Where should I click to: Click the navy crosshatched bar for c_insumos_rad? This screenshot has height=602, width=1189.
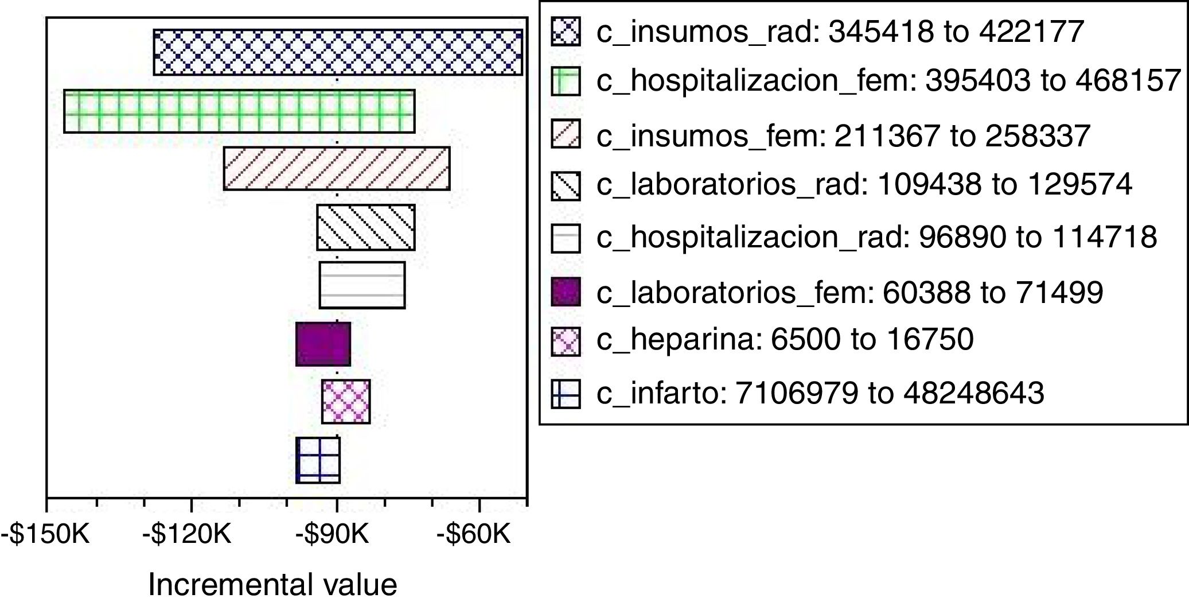point(338,52)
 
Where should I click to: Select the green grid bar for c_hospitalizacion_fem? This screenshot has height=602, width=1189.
point(239,111)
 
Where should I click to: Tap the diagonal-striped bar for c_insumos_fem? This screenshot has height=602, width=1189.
point(337,169)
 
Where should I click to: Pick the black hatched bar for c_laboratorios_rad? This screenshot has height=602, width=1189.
point(366,227)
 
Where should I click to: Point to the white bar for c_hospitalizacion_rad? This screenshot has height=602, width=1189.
point(362,285)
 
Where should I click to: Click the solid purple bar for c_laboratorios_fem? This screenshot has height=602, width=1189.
point(323,344)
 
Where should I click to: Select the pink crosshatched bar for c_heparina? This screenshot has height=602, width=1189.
point(346,402)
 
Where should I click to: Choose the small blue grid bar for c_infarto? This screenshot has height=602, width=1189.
point(318,460)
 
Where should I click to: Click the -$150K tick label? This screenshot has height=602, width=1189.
point(45,535)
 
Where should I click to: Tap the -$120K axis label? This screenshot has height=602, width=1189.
point(187,535)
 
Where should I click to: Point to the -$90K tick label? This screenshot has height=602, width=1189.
point(332,535)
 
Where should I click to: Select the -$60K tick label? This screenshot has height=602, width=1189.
point(474,535)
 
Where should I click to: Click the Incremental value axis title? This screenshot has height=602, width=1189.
point(272,585)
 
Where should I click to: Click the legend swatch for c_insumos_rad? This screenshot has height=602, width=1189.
point(566,32)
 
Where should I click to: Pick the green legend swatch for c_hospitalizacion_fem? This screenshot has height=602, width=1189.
point(566,81)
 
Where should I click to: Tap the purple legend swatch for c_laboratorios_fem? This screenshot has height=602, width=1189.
point(566,292)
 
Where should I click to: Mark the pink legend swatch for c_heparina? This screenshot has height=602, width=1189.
point(566,341)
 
